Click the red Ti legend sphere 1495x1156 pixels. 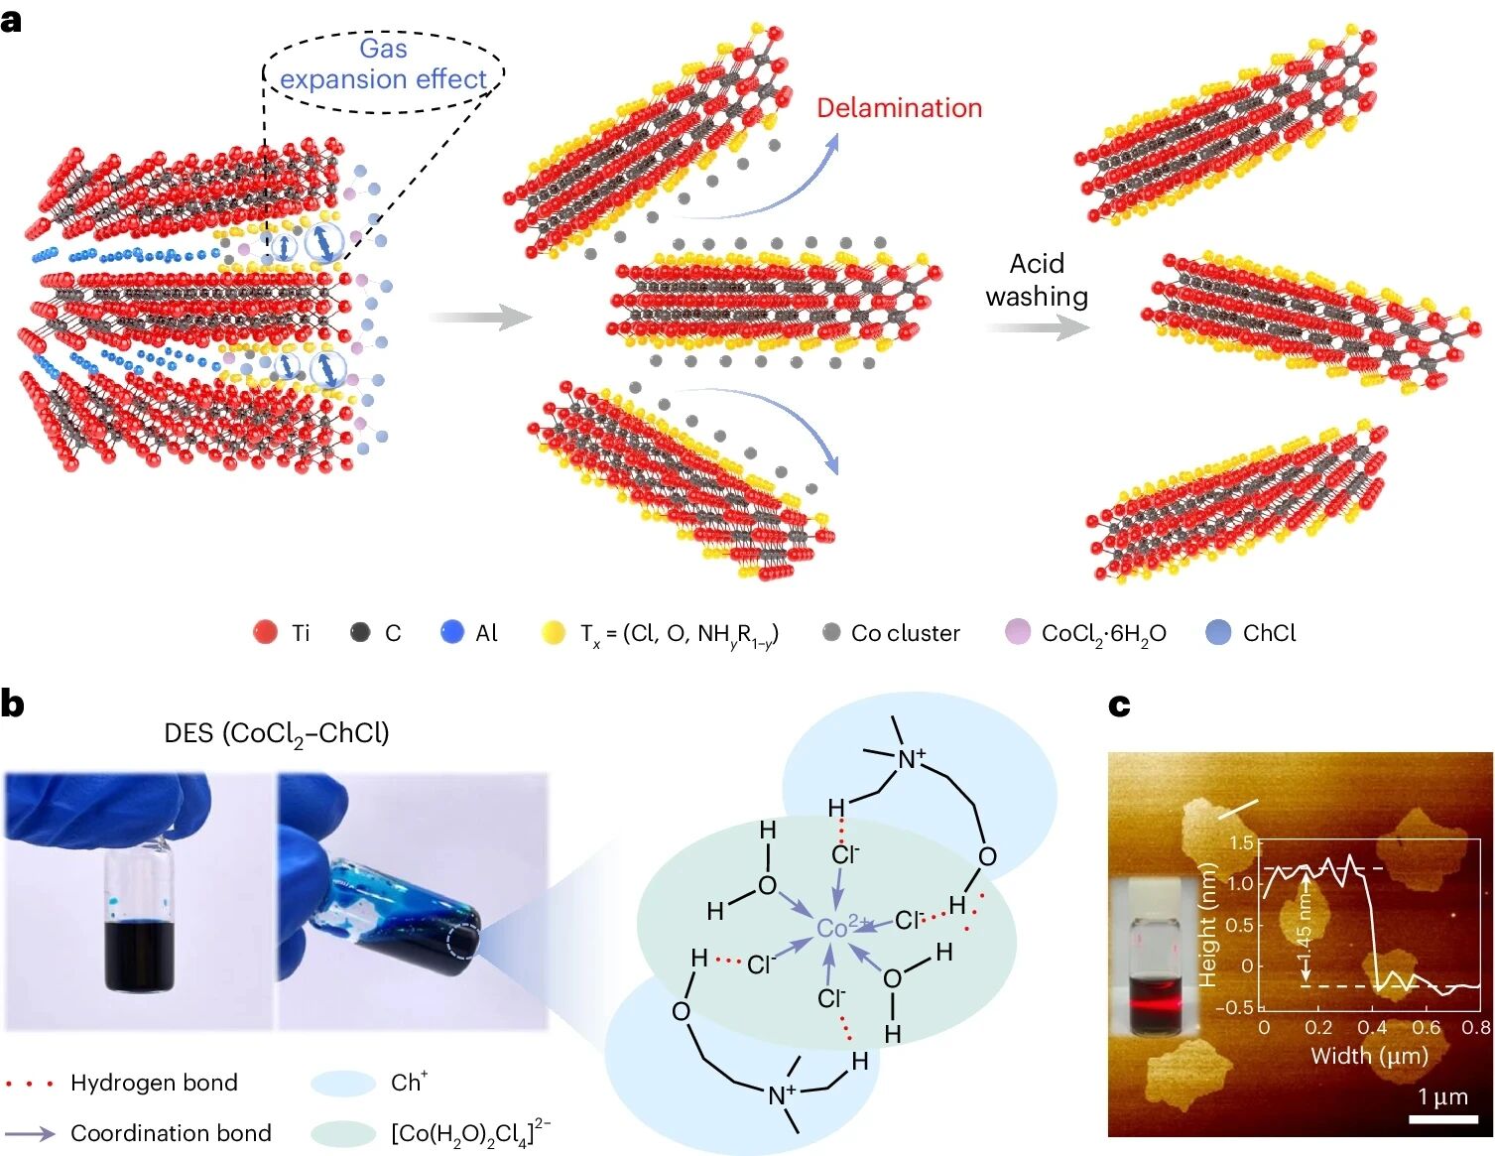[265, 632]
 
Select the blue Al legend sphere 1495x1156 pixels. [452, 632]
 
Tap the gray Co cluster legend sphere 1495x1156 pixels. [831, 632]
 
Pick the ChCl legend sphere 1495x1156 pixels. [1218, 632]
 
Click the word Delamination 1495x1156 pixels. [899, 108]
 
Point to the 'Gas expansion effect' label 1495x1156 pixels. [383, 64]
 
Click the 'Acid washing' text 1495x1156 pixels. [1037, 280]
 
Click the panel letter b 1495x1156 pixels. [13, 704]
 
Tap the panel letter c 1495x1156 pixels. [1119, 705]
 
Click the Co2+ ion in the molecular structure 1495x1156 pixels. [834, 928]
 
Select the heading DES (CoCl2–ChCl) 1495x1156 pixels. [277, 734]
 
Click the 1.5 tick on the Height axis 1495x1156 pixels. [1241, 843]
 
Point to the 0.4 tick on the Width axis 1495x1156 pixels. [1373, 1028]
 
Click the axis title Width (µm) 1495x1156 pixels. [1369, 1055]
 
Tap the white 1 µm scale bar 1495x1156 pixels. [1444, 1118]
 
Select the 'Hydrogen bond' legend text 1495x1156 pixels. [154, 1083]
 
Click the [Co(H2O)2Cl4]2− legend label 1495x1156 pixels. [470, 1132]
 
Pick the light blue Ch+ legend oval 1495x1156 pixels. [343, 1083]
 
